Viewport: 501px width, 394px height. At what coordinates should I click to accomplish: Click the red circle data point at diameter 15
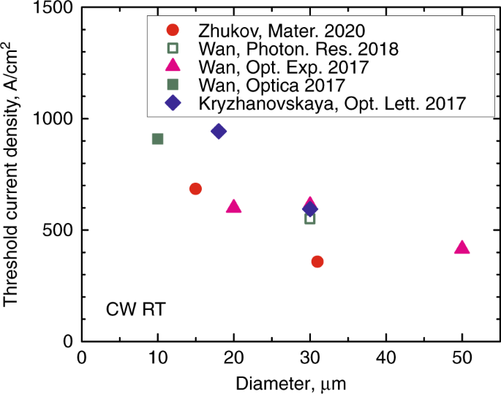[x=195, y=189]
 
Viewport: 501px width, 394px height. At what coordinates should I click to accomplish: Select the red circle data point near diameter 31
[x=317, y=262]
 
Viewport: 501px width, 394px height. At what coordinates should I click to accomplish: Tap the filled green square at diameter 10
[x=157, y=139]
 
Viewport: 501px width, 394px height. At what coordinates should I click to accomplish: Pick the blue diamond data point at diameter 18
[x=218, y=131]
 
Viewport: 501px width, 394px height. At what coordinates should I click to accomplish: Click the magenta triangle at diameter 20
[x=234, y=207]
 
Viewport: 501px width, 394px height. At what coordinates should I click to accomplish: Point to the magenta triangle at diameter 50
[x=462, y=248]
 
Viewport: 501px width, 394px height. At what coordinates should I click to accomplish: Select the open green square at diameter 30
[x=310, y=219]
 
